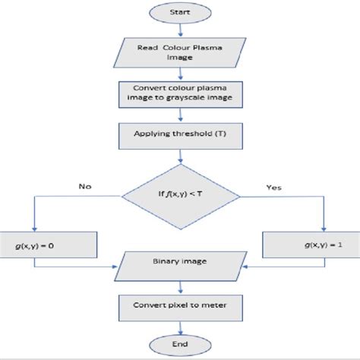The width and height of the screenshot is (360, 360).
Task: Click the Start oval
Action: [x=180, y=13]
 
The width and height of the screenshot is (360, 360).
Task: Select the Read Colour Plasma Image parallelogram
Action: [x=180, y=52]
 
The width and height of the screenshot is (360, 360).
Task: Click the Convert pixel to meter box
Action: [x=180, y=306]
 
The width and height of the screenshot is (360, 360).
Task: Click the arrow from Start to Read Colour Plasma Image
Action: [x=180, y=30]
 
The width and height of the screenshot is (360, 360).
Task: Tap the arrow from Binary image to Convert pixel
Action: [x=180, y=286]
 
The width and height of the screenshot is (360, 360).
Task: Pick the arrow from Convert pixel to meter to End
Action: [x=180, y=327]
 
